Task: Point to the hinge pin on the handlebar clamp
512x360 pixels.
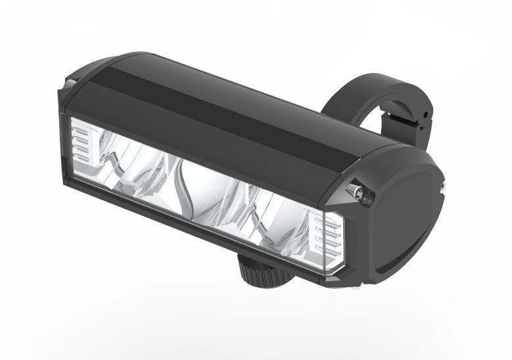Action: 425,116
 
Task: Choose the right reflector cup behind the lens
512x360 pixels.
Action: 263,210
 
